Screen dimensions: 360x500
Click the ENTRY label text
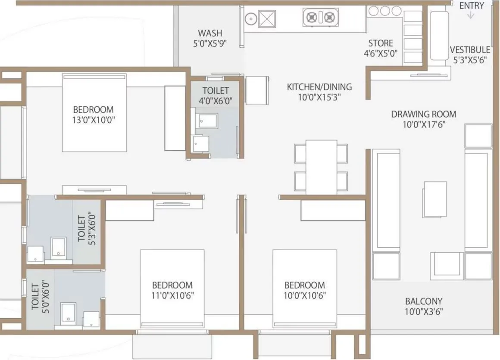472,6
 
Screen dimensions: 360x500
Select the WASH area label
210,33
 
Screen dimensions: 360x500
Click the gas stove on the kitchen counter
319,18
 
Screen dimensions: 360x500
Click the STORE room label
381,43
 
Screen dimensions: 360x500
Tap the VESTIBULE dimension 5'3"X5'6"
469,60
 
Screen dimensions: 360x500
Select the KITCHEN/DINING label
319,87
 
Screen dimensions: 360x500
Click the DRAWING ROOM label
424,114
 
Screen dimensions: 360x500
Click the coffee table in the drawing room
435,199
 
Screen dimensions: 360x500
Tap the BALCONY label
423,301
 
